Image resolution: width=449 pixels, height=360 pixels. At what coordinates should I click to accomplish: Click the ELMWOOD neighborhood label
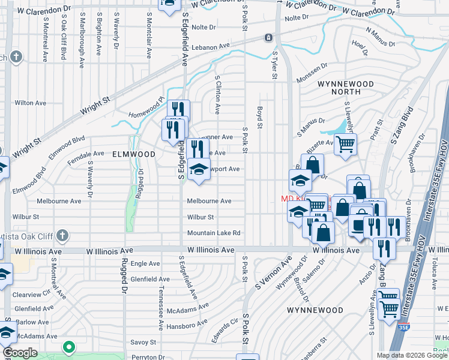pyautogui.click(x=134, y=154)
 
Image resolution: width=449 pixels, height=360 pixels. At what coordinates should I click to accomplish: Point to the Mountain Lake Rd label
pyautogui.click(x=214, y=233)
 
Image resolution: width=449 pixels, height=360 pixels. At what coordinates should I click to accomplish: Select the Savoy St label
pyautogui.click(x=143, y=342)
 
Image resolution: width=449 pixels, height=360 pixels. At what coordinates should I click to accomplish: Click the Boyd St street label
pyautogui.click(x=260, y=117)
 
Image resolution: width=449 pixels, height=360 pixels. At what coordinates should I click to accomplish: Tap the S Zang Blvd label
pyautogui.click(x=402, y=126)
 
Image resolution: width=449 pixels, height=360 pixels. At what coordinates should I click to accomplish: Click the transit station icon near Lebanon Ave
pyautogui.click(x=268, y=37)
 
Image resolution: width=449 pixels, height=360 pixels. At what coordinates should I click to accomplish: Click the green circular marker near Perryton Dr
pyautogui.click(x=69, y=347)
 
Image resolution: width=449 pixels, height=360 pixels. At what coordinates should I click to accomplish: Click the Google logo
pyautogui.click(x=20, y=353)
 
